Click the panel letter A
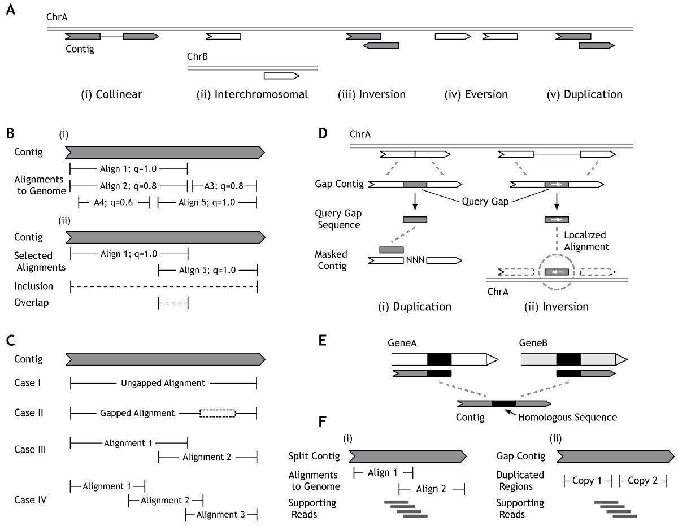tap(9, 10)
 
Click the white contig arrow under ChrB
tap(281, 75)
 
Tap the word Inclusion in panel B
tap(33, 286)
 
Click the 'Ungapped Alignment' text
tap(163, 383)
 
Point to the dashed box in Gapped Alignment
tap(218, 413)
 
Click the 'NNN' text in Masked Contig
tap(414, 261)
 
